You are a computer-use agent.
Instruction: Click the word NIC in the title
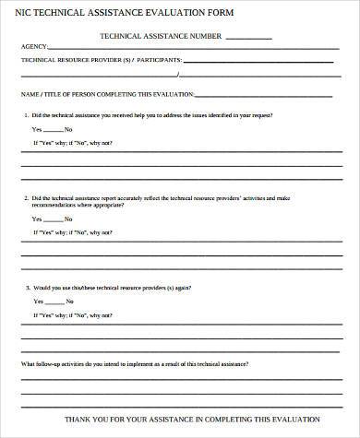click(x=27, y=14)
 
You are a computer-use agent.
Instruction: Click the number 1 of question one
click(x=27, y=115)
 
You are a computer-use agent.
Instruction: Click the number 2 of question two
click(x=27, y=198)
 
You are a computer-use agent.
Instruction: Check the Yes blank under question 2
click(x=54, y=221)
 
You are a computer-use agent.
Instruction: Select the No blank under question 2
click(x=86, y=221)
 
